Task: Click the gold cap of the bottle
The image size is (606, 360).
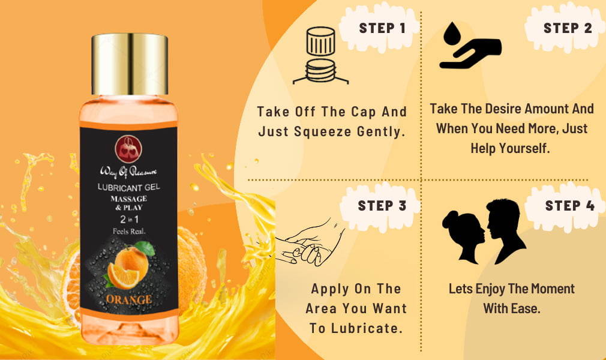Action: coord(130,65)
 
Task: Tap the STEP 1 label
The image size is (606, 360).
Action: coord(382,28)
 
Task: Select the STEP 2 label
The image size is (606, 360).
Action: coord(568,28)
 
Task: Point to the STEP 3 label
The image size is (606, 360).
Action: coord(382,206)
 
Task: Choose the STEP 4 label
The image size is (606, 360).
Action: coord(569,206)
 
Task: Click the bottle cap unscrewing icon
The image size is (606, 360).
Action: coord(320,56)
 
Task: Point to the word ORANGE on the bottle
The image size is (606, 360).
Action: coord(129,298)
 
